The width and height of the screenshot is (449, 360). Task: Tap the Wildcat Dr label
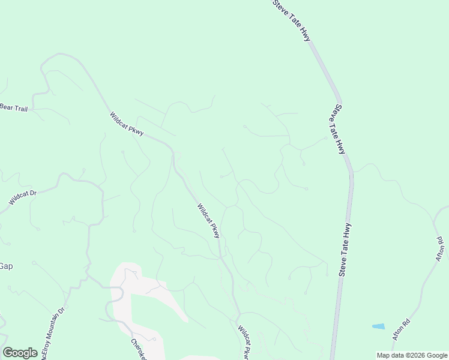[23, 198]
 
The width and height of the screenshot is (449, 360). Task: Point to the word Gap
[6, 266]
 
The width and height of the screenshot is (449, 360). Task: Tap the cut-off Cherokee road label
[139, 349]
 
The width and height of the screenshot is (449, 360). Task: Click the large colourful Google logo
[20, 353]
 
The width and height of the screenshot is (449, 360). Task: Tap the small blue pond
[378, 326]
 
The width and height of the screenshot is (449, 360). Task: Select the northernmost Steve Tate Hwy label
[292, 20]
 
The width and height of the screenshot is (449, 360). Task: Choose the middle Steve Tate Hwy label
[340, 129]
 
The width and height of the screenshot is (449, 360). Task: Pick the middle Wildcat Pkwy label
[209, 220]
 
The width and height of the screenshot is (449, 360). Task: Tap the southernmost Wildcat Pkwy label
[244, 343]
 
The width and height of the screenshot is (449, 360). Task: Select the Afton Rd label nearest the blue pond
[401, 330]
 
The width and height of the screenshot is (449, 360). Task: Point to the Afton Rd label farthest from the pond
[440, 250]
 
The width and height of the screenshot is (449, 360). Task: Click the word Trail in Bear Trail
[20, 108]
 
